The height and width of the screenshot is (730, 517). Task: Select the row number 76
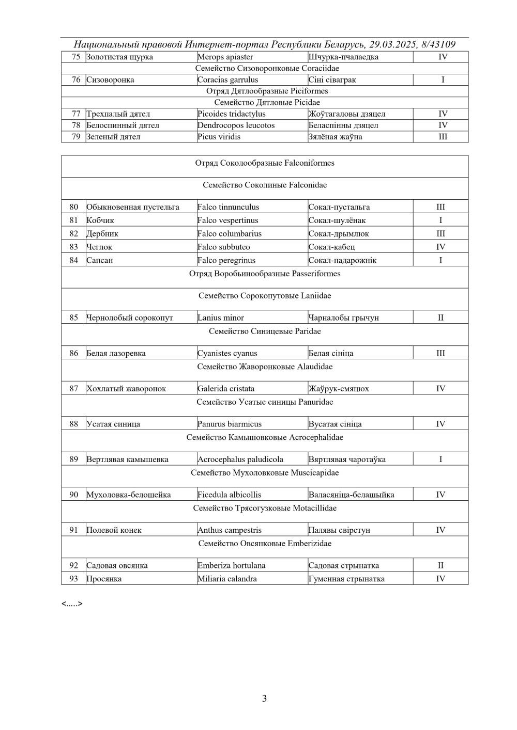(76, 80)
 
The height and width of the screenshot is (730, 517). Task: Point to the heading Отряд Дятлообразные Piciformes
(267, 91)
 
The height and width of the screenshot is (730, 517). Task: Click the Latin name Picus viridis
(219, 137)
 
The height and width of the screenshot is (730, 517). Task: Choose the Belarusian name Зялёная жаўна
(335, 137)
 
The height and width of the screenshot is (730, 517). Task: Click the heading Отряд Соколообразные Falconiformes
(265, 163)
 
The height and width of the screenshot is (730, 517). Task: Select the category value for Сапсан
(440, 260)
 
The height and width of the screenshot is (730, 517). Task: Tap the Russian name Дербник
(102, 234)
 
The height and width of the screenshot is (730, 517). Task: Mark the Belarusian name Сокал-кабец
(331, 247)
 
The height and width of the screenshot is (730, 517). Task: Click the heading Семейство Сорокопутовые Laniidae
(265, 296)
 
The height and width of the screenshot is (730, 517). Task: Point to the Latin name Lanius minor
(221, 318)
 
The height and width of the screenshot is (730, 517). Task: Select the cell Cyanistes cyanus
(227, 354)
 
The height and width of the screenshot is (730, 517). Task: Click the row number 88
(74, 424)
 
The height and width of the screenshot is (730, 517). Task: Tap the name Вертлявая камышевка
(127, 459)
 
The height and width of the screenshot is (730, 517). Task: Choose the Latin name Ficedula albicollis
(229, 495)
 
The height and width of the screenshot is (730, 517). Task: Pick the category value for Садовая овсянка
(440, 566)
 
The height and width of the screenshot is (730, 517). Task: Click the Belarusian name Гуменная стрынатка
(346, 579)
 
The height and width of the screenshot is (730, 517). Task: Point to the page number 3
(264, 699)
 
